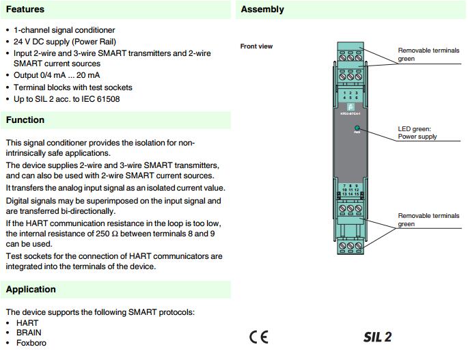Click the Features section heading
click(x=25, y=10)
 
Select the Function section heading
click(x=25, y=120)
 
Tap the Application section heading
click(x=31, y=290)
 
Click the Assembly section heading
click(x=262, y=10)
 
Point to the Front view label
click(x=256, y=46)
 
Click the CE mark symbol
click(x=258, y=337)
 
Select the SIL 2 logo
click(x=377, y=337)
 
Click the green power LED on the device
click(x=357, y=128)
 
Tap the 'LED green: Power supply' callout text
click(x=417, y=133)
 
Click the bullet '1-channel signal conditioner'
click(x=64, y=30)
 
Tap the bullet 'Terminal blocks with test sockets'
click(x=73, y=87)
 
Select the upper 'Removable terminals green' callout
click(x=428, y=55)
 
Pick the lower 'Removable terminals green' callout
click(x=428, y=220)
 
